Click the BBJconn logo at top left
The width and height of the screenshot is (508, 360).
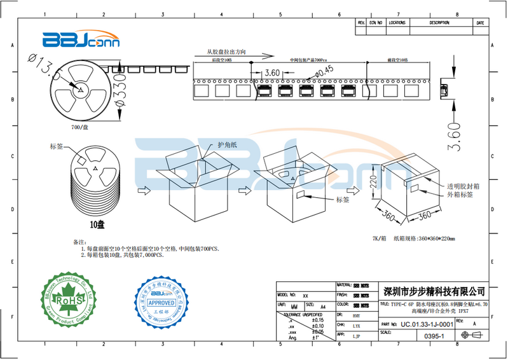[75, 40]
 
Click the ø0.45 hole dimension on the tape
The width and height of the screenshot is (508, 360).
[322, 71]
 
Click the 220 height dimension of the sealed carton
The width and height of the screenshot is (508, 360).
[375, 186]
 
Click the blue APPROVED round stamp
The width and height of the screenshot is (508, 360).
[161, 301]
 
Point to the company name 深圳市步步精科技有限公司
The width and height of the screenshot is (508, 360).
[435, 291]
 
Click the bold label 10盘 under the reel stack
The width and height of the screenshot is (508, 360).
[97, 225]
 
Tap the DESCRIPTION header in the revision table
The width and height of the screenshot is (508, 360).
[439, 22]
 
